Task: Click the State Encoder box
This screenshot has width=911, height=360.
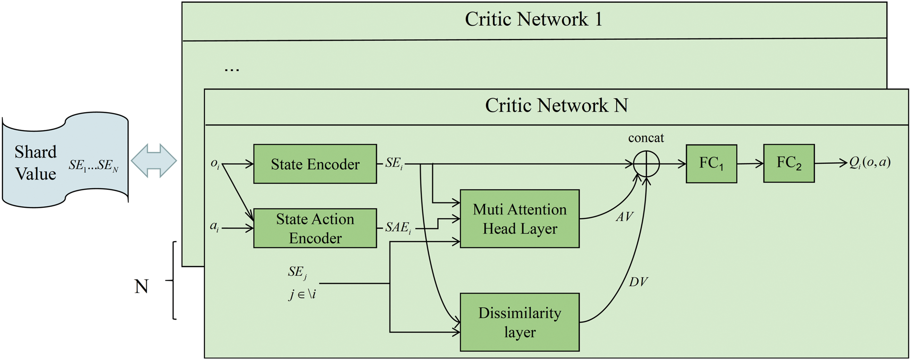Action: (315, 164)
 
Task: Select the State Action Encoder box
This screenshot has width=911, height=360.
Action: (315, 228)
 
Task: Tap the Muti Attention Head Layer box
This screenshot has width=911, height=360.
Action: (520, 219)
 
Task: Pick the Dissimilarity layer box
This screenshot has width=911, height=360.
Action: (520, 322)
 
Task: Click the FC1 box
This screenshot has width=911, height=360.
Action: (711, 164)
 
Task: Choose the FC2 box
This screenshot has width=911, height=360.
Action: (789, 164)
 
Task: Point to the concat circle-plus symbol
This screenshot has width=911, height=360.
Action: (646, 164)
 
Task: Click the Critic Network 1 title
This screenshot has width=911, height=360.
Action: (533, 19)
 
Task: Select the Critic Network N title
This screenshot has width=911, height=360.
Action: (556, 105)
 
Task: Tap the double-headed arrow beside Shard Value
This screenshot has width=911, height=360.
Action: (154, 160)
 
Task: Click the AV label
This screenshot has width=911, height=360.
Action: (625, 216)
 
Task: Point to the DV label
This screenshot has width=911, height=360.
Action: (638, 282)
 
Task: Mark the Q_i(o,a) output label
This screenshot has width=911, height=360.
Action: (870, 162)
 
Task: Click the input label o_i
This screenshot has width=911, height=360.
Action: (215, 164)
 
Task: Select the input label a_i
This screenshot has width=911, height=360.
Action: (214, 226)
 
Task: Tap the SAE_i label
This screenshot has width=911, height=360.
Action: (398, 227)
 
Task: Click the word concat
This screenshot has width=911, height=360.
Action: (646, 137)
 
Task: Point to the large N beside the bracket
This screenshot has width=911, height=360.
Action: (142, 286)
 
